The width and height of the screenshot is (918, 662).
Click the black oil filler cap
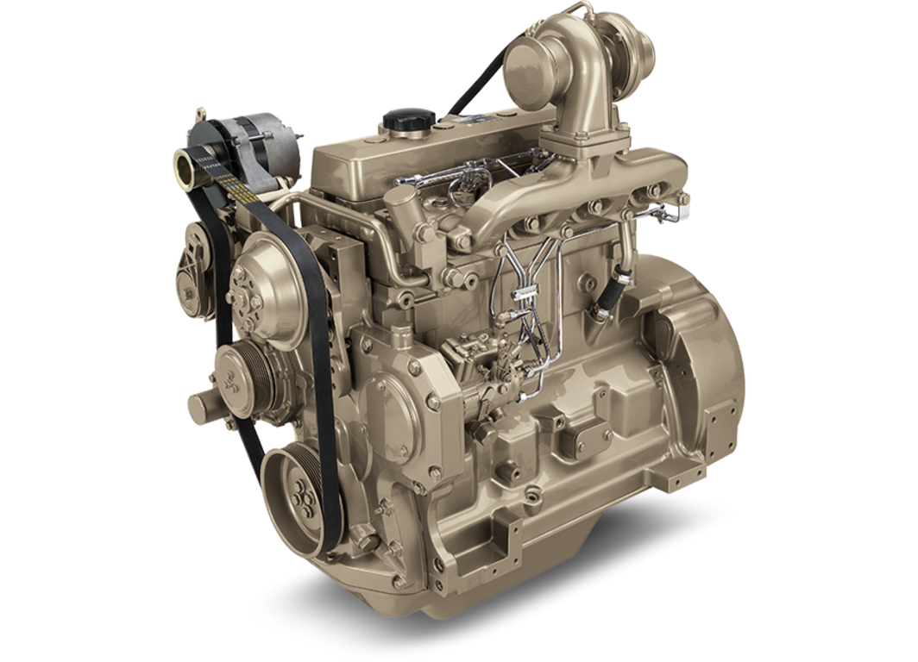pos(402,120)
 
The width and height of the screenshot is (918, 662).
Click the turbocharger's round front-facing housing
pos(533,65)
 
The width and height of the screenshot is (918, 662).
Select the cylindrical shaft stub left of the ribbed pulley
pos(203,402)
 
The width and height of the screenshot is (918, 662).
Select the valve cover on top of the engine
pos(414,159)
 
